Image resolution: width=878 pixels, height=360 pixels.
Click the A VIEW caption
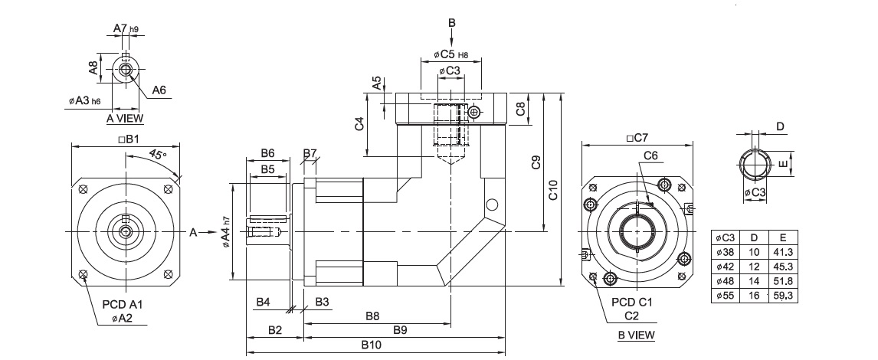pyautogui.click(x=125, y=118)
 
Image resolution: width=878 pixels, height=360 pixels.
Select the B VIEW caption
pyautogui.click(x=636, y=335)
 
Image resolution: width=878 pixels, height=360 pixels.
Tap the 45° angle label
pyautogui.click(x=158, y=155)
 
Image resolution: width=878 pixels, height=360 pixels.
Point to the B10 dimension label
pyautogui.click(x=371, y=345)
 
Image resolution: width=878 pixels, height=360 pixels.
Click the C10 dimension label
pyautogui.click(x=552, y=191)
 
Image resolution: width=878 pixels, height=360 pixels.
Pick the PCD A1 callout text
pyautogui.click(x=123, y=305)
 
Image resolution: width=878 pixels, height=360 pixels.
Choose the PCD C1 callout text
pyautogui.click(x=632, y=303)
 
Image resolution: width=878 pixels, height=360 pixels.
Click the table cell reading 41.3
pyautogui.click(x=783, y=252)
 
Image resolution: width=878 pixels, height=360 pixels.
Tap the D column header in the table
pyautogui.click(x=754, y=237)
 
